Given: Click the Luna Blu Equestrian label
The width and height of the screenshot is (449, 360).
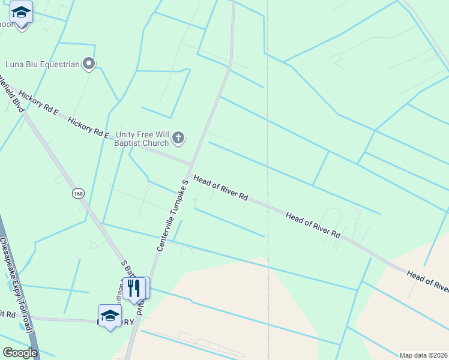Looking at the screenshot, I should click(x=42, y=64).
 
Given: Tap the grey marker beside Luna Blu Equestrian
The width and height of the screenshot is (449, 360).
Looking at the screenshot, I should click(x=89, y=63).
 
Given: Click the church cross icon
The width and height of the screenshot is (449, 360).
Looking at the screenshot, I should click(x=178, y=139).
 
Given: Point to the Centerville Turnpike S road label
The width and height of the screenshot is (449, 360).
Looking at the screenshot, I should click(x=173, y=214).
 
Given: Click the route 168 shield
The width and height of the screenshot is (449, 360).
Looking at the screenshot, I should click(x=78, y=193).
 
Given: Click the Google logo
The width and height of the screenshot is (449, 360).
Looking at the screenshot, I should click(x=20, y=353).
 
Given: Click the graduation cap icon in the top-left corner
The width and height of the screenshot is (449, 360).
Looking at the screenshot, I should click(x=22, y=13).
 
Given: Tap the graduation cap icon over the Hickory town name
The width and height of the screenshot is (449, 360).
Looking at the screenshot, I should click(x=110, y=316).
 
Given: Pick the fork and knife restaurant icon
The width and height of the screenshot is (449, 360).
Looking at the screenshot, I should click(x=133, y=288).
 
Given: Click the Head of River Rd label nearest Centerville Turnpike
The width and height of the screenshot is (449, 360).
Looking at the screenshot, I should click(x=220, y=188).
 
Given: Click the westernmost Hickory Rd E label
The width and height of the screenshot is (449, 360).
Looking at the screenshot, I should click(x=38, y=104).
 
